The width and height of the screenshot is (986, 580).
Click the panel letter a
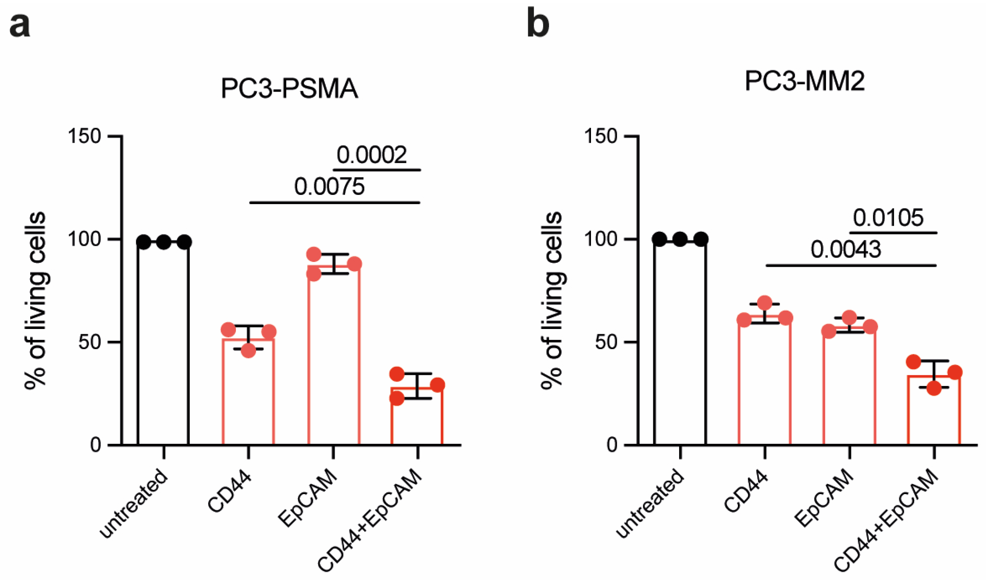[x=20, y=25]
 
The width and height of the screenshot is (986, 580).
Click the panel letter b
[x=537, y=25]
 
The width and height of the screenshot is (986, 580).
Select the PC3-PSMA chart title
[x=289, y=88]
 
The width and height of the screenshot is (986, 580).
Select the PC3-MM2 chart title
[x=805, y=81]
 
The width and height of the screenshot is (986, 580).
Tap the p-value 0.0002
[x=372, y=155]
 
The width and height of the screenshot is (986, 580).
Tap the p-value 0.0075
[x=329, y=187]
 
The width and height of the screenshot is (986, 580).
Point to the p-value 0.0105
[x=888, y=218]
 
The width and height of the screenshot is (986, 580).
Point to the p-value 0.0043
[x=846, y=250]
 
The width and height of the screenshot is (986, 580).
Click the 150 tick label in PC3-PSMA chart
[x=85, y=136]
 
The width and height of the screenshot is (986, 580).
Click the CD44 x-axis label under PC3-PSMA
[x=229, y=492]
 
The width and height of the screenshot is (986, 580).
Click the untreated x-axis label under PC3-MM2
[x=650, y=503]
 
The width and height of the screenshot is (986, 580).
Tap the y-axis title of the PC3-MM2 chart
[x=552, y=301]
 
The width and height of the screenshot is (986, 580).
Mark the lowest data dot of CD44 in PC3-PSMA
[x=248, y=350]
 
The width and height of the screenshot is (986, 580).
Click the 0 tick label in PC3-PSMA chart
[x=96, y=445]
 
